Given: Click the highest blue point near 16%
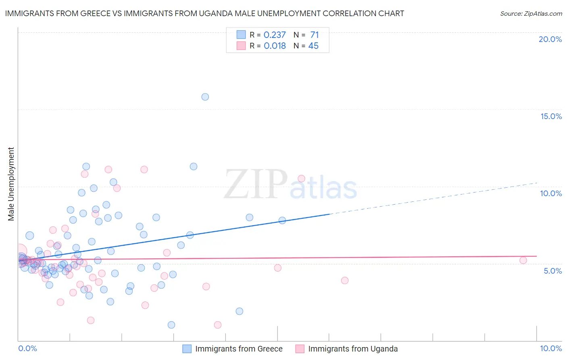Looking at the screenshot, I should (205, 97).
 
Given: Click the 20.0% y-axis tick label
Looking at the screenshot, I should (550, 39).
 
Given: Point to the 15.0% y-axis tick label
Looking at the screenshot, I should (551, 116).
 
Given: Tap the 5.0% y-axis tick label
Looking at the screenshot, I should (552, 271).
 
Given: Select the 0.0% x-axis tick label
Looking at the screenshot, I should (27, 348).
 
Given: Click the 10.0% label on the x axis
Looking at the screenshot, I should (550, 348).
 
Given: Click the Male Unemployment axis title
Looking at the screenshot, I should (11, 184).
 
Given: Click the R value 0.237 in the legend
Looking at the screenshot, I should (275, 35).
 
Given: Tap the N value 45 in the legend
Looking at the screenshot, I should (313, 46).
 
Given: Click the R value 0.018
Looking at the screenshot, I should (275, 46).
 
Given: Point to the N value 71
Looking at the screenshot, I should (315, 35).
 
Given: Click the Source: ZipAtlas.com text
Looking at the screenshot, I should (531, 14).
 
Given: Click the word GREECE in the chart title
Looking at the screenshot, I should (95, 14).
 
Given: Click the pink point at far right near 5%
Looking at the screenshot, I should (523, 260).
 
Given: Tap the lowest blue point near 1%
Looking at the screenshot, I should (171, 325).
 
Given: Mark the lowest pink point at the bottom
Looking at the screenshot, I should (218, 325).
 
